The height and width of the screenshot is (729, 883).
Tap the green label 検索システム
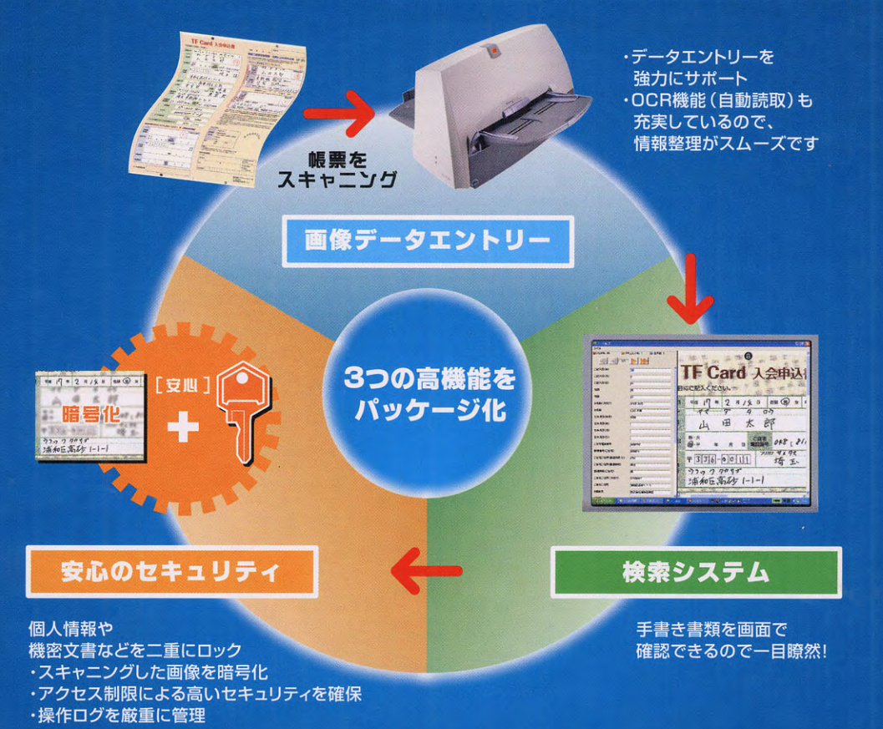coord(696,573)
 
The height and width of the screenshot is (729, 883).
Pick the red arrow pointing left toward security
coord(428,573)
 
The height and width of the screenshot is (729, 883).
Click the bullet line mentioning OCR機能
coord(718,101)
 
